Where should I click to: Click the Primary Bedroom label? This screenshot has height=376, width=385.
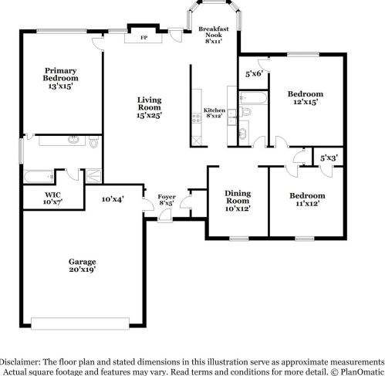[61, 78]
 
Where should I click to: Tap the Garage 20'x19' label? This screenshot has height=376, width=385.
[82, 267]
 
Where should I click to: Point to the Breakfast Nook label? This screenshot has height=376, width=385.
[213, 34]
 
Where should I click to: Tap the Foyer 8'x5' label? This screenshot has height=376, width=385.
[167, 201]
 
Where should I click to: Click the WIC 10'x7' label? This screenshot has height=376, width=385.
[52, 198]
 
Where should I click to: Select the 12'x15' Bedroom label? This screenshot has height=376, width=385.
[305, 97]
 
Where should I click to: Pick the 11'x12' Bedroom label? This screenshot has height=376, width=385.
[306, 199]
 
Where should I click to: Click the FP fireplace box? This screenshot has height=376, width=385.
[144, 37]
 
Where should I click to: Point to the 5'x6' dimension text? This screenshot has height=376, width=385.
[255, 74]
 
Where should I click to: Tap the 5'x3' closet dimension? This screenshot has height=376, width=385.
[329, 158]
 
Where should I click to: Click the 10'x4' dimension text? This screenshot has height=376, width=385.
[113, 198]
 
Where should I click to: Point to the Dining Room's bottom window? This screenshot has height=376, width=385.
[238, 237]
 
